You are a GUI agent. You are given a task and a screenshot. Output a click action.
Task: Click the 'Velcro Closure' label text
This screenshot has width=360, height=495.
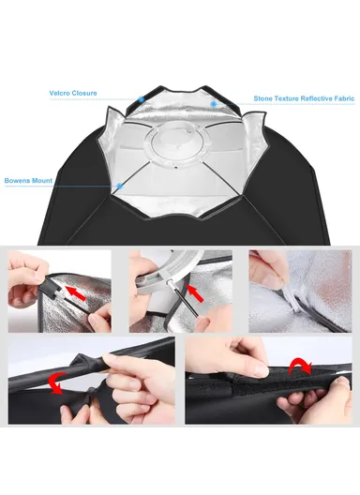tap(73, 93)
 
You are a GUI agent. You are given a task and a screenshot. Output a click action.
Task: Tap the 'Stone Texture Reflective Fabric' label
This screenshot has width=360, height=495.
tap(304, 98)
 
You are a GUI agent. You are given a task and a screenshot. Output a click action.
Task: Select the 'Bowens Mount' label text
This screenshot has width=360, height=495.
tap(28, 181)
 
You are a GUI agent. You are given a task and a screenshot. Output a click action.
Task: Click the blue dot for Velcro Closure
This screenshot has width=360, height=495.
tap(142, 99)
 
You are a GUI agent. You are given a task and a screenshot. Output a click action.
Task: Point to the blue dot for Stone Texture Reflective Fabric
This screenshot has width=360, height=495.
tap(214, 103)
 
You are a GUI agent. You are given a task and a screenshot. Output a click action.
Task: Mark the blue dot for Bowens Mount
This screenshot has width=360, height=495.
tap(120, 186)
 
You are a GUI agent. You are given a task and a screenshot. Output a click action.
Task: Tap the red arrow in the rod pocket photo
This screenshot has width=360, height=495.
tap(75, 292)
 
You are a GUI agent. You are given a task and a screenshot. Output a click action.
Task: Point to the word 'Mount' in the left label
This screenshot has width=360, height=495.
tap(42, 181)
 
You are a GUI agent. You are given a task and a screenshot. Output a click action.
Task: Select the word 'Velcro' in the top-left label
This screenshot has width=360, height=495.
tap(59, 93)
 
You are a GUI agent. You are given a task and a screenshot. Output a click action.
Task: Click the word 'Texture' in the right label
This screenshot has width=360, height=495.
tap(286, 98)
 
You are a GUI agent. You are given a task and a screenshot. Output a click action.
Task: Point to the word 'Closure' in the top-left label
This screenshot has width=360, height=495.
tap(84, 93)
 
